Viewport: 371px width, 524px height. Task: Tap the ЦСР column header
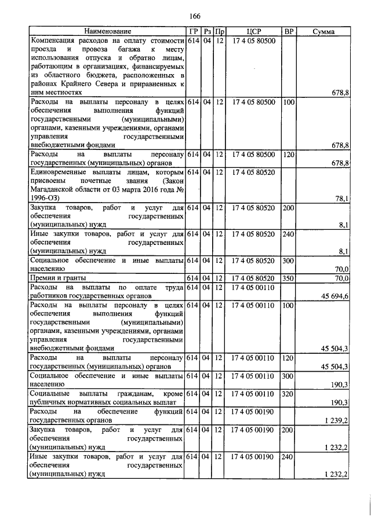254,31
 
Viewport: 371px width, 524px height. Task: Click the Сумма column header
323,31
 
